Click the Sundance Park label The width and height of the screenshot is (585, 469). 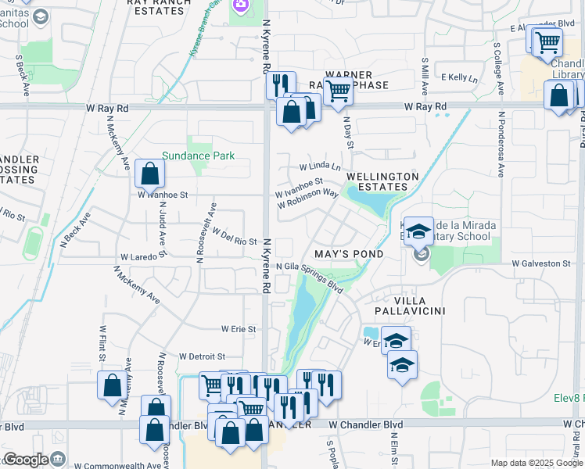click(199, 156)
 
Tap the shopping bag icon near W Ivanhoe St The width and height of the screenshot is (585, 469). click(149, 173)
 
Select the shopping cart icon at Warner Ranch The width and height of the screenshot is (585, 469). click(338, 91)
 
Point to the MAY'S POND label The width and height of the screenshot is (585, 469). click(349, 254)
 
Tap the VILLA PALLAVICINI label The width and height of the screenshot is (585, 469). click(407, 305)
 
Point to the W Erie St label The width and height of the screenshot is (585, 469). click(239, 329)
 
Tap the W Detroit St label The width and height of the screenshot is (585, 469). click(202, 356)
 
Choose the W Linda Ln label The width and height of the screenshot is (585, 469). click(321, 166)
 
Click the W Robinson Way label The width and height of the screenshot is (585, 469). click(307, 199)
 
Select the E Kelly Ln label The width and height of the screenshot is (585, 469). click(459, 77)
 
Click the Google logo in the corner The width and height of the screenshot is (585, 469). click(25, 460)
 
